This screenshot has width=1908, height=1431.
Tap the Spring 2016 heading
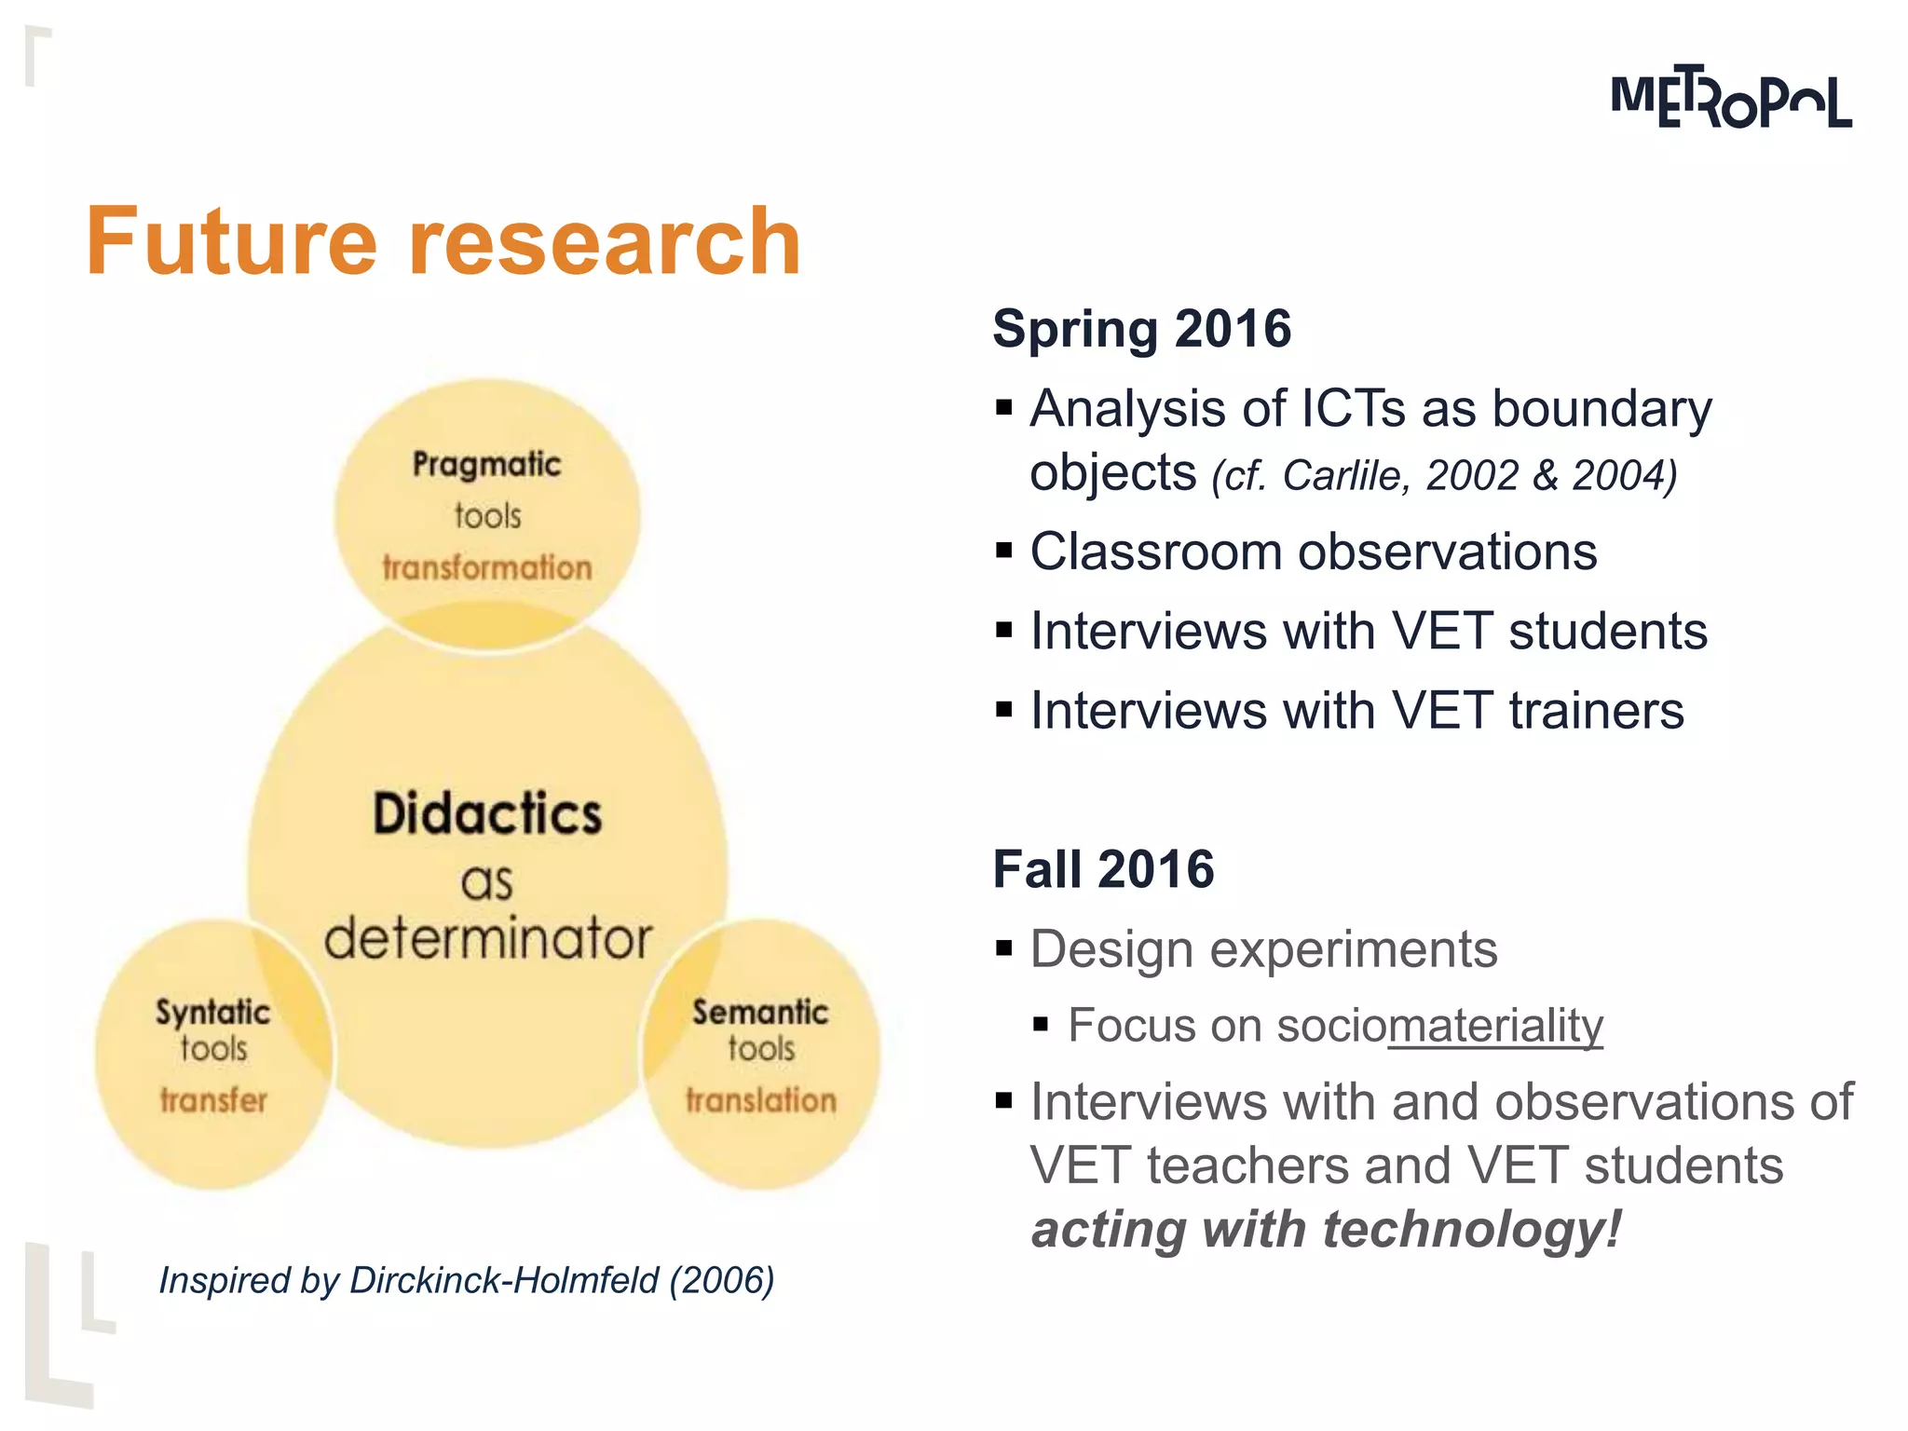pos(1141,329)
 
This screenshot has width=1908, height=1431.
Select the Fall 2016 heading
pos(1103,869)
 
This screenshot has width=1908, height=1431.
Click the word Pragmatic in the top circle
pos(486,464)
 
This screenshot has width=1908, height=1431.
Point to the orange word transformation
pos(486,567)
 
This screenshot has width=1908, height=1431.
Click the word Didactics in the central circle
pos(487,813)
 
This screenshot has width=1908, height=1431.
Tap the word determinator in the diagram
pos(487,938)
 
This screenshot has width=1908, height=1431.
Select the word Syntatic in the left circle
pos(212,1013)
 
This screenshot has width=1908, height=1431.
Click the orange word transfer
pos(213,1100)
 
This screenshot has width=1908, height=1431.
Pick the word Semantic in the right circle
pos(760,1012)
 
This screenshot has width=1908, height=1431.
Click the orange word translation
pos(761,1100)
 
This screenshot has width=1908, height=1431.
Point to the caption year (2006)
pos(722,1280)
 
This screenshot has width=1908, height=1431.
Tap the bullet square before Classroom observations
pos(1003,551)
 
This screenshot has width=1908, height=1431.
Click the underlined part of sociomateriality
pos(1494,1026)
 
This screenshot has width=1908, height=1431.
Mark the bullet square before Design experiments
pos(1003,949)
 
